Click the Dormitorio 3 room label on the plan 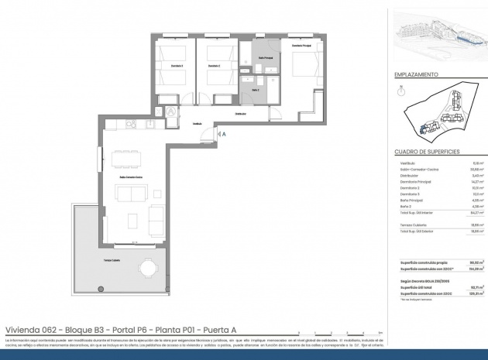(x=177, y=66)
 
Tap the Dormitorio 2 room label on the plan (x=214, y=66)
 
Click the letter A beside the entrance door (x=223, y=134)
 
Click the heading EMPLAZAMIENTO (x=417, y=75)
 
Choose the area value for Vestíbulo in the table (x=478, y=163)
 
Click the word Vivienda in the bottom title (x=21, y=328)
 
